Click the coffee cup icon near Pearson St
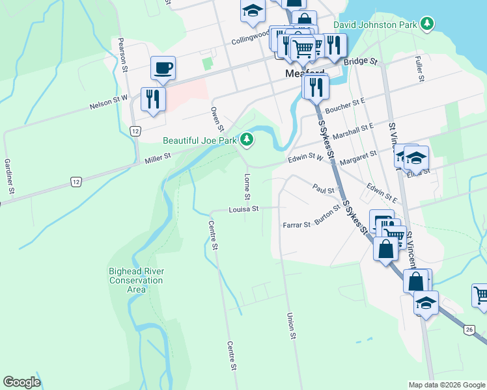coord(163,67)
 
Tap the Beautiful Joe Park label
coord(200,140)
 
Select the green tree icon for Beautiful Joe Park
coord(246,139)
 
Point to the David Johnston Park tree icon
coord(427,25)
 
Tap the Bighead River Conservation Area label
coord(136,280)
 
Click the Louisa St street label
coord(244,209)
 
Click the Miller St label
coord(158,157)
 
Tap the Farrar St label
coord(297,225)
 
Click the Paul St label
coord(323,190)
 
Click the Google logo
coord(21,382)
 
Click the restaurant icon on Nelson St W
coord(154,99)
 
